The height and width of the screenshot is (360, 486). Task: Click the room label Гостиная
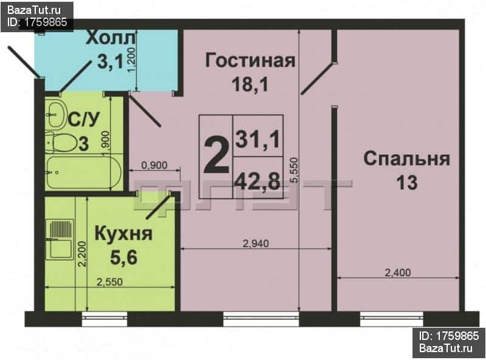tap(250, 61)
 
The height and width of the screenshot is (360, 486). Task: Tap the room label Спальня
tap(406, 158)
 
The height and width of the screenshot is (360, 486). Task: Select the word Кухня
tap(123, 233)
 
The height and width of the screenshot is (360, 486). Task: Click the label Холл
tap(111, 38)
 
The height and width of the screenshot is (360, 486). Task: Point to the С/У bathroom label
tap(84, 119)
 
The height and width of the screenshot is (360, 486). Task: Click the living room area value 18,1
tap(250, 84)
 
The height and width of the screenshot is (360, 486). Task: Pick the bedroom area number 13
tap(406, 183)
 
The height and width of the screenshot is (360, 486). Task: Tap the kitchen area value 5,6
tap(123, 257)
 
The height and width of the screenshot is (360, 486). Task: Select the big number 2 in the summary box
tap(216, 157)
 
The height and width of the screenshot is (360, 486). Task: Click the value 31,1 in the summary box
tap(258, 140)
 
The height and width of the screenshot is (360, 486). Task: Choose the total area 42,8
tap(258, 182)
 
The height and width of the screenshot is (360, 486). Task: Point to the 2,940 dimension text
tap(256, 244)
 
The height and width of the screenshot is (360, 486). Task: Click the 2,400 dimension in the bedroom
tap(398, 273)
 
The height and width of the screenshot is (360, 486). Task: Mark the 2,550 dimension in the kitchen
tap(110, 282)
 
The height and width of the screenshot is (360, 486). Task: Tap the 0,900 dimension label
tap(154, 165)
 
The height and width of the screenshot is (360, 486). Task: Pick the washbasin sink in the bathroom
tap(56, 115)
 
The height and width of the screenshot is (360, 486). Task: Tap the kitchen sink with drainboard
tap(60, 239)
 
